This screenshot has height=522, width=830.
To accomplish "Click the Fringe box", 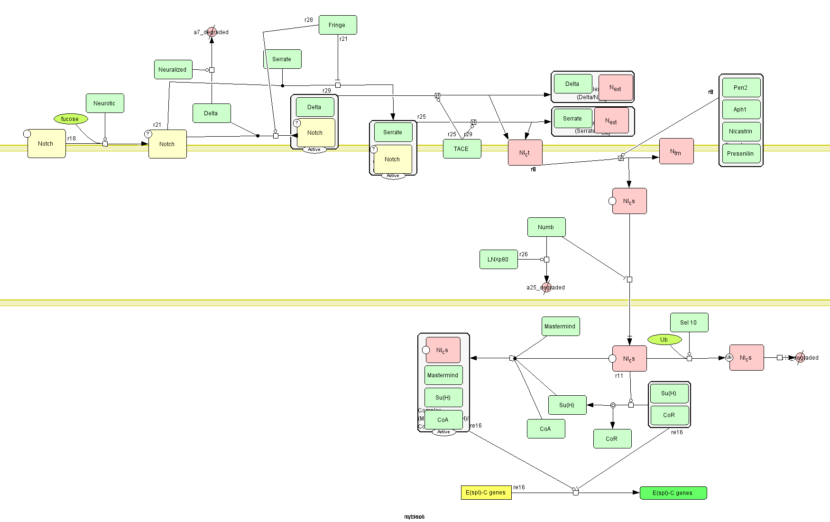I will [x=337, y=25].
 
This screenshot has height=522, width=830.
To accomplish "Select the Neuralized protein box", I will [x=173, y=70].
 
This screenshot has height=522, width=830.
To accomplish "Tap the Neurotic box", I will [x=105, y=103].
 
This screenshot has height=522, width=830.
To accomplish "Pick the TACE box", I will [x=461, y=149].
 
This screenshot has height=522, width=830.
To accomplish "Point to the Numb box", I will [x=546, y=227].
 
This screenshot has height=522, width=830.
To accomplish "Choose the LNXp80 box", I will [x=498, y=260].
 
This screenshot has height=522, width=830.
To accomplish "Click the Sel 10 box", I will [x=689, y=323].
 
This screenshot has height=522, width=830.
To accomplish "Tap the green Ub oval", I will [x=664, y=340].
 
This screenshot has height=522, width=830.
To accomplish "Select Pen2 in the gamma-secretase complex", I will [x=741, y=88].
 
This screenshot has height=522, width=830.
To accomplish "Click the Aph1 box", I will [x=741, y=110].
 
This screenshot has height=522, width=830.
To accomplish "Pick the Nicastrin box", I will [x=741, y=131].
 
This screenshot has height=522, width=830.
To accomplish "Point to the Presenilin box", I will [x=741, y=154].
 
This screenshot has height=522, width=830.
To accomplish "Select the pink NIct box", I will [x=525, y=153].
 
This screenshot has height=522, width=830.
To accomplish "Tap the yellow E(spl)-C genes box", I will [x=486, y=493].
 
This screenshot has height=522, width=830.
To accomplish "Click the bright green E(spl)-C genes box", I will [x=673, y=493].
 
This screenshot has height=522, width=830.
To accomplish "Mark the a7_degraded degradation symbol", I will [x=212, y=32].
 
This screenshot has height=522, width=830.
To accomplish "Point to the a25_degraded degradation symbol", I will [x=546, y=288].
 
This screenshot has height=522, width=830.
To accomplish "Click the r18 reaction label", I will [x=72, y=139].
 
